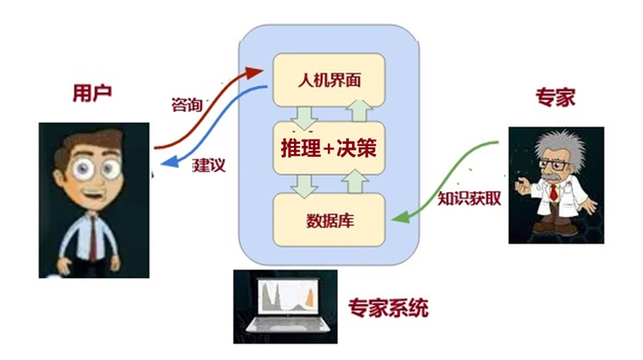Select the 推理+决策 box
[328, 146]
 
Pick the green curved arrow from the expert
[450, 179]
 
